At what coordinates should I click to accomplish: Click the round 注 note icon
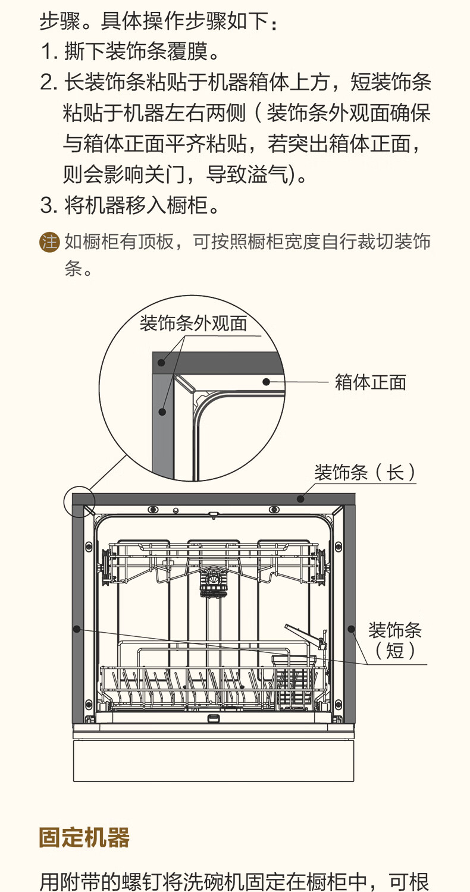click(x=49, y=242)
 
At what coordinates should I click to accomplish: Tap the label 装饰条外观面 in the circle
click(x=193, y=323)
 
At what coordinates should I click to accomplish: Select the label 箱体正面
click(x=371, y=382)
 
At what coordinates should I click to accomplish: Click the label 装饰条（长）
click(x=365, y=473)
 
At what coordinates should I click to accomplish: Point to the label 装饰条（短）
click(x=395, y=640)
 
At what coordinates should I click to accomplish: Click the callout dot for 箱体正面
click(x=267, y=382)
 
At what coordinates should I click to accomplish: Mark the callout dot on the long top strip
click(x=301, y=498)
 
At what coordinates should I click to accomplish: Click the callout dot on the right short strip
click(x=351, y=629)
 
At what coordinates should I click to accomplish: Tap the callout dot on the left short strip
click(x=77, y=629)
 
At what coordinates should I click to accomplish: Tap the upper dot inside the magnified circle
click(x=161, y=363)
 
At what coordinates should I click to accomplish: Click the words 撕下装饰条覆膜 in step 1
click(x=136, y=52)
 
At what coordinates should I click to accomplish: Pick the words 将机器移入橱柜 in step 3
click(x=136, y=206)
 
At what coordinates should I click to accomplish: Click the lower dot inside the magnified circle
click(x=162, y=412)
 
